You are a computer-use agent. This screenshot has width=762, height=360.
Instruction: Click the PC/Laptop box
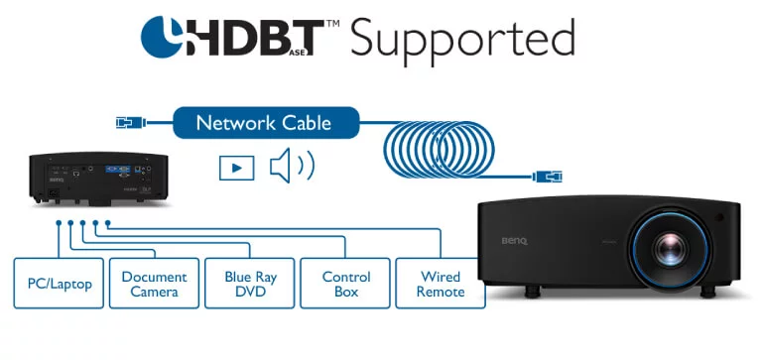point(59,284)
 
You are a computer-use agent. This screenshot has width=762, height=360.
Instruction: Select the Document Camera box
point(154,284)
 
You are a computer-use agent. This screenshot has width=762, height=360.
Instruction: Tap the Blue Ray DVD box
point(250,284)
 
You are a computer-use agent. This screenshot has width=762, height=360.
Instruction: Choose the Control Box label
point(345,284)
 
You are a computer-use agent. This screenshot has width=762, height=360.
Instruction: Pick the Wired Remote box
point(441,284)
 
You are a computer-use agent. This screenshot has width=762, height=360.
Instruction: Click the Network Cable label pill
point(266,123)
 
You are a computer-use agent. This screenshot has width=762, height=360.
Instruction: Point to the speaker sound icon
point(292,166)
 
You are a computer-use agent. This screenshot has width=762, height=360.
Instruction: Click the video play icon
point(237,168)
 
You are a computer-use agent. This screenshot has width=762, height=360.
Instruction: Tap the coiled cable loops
point(439,150)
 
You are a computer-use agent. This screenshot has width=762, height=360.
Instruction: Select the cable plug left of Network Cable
point(131,122)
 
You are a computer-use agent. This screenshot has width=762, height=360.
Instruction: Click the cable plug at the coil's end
point(548,177)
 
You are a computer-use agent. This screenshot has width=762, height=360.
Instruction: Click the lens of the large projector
point(671,249)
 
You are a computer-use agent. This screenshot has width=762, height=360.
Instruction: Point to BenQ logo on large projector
point(514,241)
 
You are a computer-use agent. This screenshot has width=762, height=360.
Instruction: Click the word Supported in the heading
point(462,39)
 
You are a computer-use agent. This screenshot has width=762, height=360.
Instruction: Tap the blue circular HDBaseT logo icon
point(162,37)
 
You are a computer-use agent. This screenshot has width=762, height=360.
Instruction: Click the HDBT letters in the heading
point(254,38)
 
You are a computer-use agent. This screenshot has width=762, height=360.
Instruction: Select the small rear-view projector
point(98,179)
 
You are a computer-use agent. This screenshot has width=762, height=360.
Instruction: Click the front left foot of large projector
point(532,291)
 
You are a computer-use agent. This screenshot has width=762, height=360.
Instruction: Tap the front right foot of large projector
point(707,292)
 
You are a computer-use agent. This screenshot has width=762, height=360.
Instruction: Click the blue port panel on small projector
point(117,168)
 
